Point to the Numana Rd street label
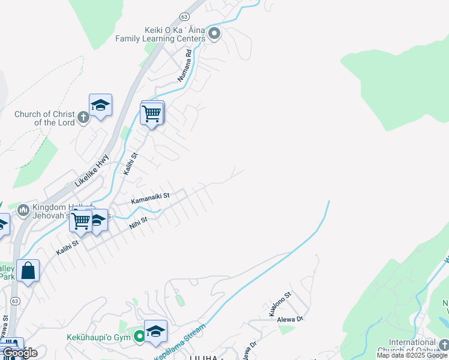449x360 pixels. pyautogui.click(x=184, y=65)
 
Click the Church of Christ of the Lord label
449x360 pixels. pyautogui.click(x=45, y=118)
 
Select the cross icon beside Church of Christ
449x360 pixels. pyautogui.click(x=83, y=116)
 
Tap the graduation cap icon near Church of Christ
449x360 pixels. pyautogui.click(x=100, y=105)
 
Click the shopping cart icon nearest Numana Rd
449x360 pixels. pyautogui.click(x=151, y=112)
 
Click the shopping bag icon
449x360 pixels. pyautogui.click(x=28, y=271)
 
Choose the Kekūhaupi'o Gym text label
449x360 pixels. pyautogui.click(x=100, y=337)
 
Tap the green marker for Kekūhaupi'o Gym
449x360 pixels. pyautogui.click(x=139, y=337)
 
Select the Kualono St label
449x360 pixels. pyautogui.click(x=280, y=304)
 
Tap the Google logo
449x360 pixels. pyautogui.click(x=20, y=353)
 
